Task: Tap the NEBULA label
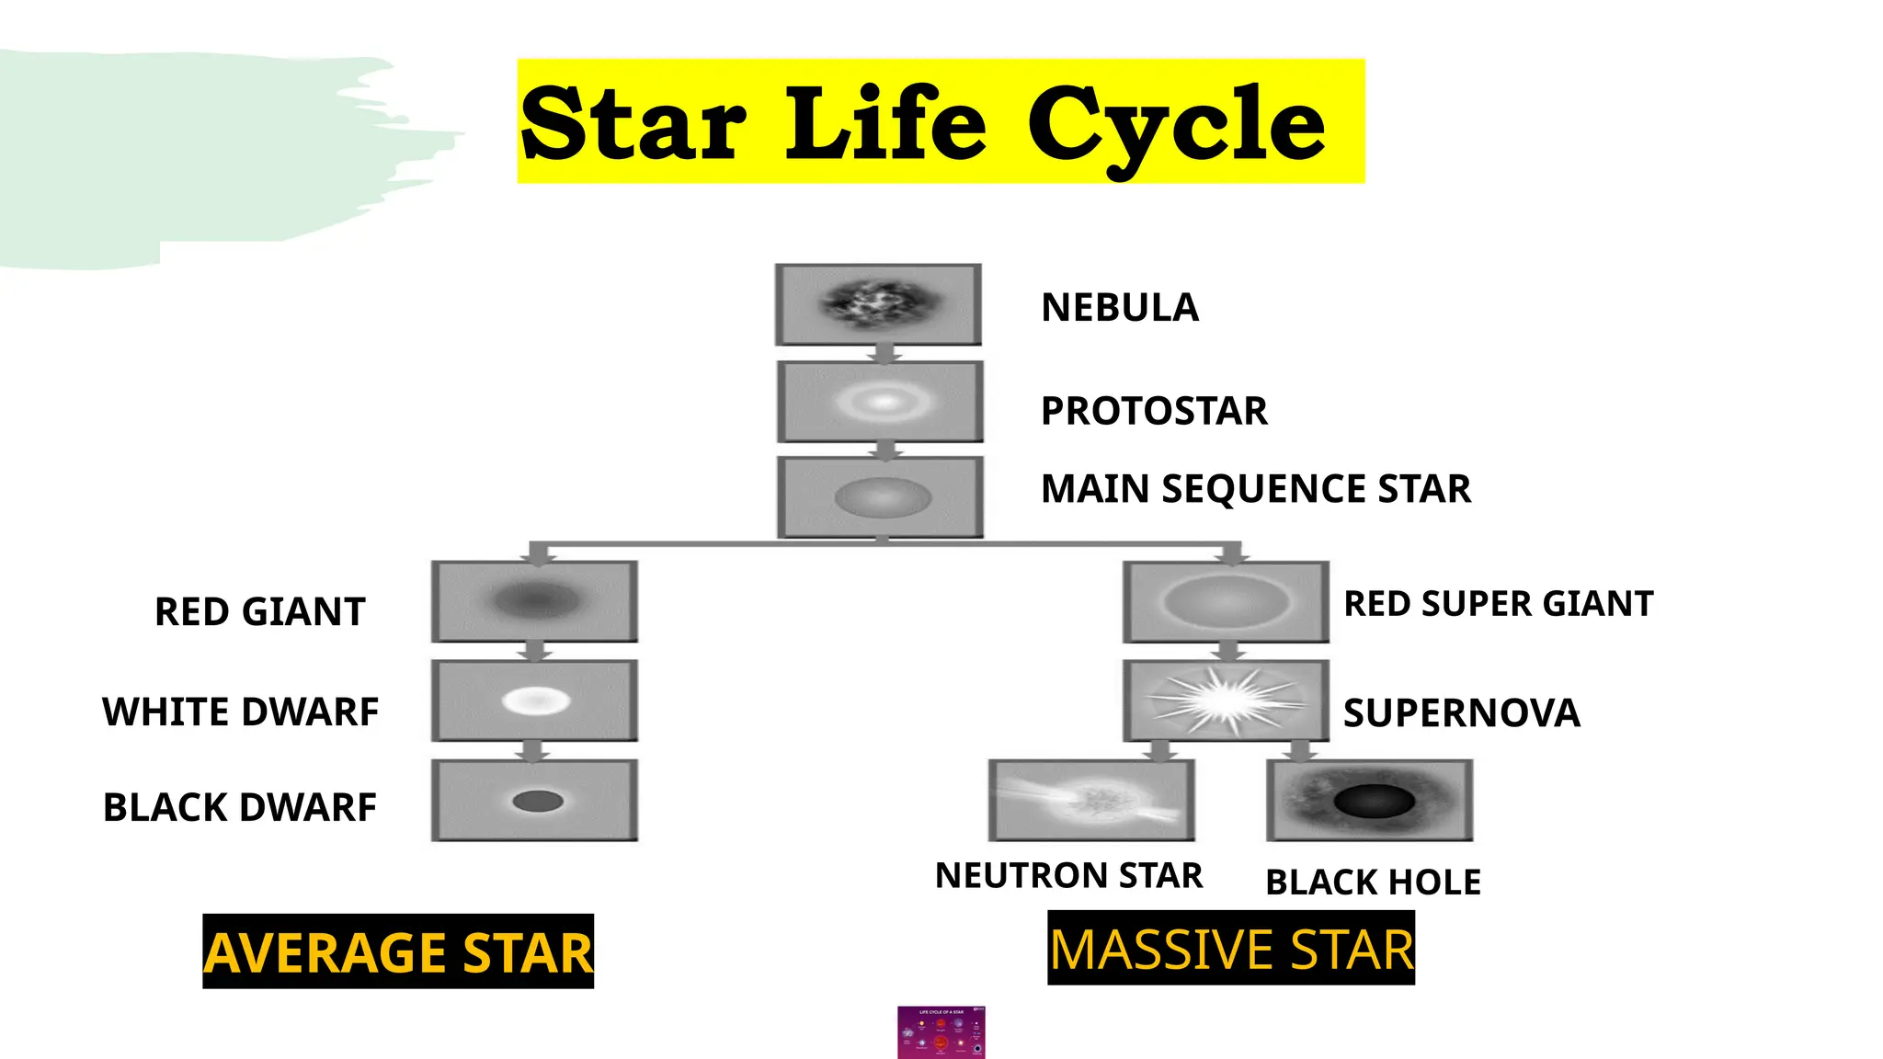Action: [1119, 307]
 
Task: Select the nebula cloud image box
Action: [878, 304]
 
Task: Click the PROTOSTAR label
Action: [1153, 411]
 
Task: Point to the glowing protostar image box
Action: [880, 402]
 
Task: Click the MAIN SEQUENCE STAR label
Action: [1255, 489]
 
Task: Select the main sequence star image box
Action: [880, 497]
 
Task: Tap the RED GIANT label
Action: [259, 612]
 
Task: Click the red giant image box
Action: [534, 601]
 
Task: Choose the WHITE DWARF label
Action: [240, 712]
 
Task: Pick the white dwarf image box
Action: [534, 700]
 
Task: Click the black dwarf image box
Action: [534, 800]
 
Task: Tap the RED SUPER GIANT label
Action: [1498, 604]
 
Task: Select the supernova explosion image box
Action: [1226, 700]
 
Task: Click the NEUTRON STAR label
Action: [1068, 875]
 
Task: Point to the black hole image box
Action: [1369, 800]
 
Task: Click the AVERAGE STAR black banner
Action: [398, 951]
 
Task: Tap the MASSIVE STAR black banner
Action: [1231, 948]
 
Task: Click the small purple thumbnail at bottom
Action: [941, 1032]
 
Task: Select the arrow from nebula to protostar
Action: [884, 354]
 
